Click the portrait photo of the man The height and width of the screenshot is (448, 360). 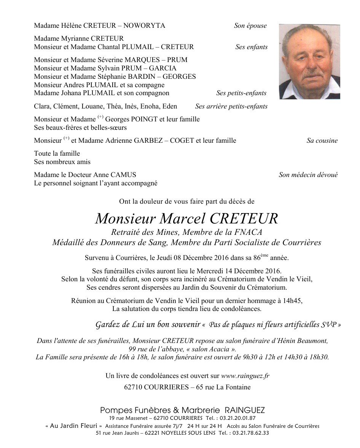309,62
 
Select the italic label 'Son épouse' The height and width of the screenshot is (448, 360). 250,26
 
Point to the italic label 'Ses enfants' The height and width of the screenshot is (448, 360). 251,47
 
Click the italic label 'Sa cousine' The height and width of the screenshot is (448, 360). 322,141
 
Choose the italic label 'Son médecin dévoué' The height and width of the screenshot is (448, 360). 308,175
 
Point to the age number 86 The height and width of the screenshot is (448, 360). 257,258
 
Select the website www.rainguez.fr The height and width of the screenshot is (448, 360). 245,376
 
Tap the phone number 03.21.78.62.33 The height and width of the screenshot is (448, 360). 250,433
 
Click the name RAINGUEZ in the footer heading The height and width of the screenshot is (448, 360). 245,410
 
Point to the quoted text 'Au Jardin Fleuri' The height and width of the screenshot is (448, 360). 74,426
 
